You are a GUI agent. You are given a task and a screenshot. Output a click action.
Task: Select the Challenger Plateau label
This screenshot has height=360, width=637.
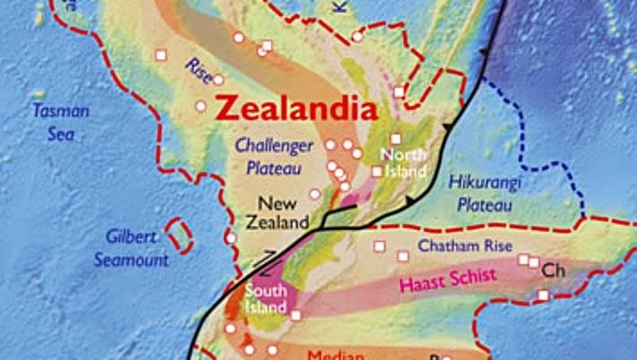coord(274,155)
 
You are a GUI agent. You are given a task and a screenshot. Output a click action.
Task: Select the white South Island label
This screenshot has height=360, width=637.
coord(266,300)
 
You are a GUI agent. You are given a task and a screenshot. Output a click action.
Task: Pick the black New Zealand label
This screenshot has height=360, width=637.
coord(277,212)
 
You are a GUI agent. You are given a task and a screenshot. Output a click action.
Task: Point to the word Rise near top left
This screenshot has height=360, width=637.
coord(198,69)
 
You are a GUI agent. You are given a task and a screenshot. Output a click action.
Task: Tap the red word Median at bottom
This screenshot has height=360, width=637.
coord(336,354)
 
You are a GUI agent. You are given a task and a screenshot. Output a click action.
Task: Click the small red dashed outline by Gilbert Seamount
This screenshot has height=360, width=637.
coord(181,235)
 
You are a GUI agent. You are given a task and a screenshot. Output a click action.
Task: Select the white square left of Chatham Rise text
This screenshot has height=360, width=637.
coord(379,245)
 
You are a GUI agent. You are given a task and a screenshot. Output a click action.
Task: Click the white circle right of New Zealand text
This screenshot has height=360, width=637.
coord(314,193)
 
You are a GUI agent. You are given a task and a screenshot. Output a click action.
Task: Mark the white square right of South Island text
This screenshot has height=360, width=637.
coord(296,314)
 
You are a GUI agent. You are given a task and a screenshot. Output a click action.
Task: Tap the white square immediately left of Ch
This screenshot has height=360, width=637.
coord(535,263)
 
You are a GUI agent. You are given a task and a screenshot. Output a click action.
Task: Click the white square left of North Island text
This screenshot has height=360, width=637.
coord(377,171)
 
